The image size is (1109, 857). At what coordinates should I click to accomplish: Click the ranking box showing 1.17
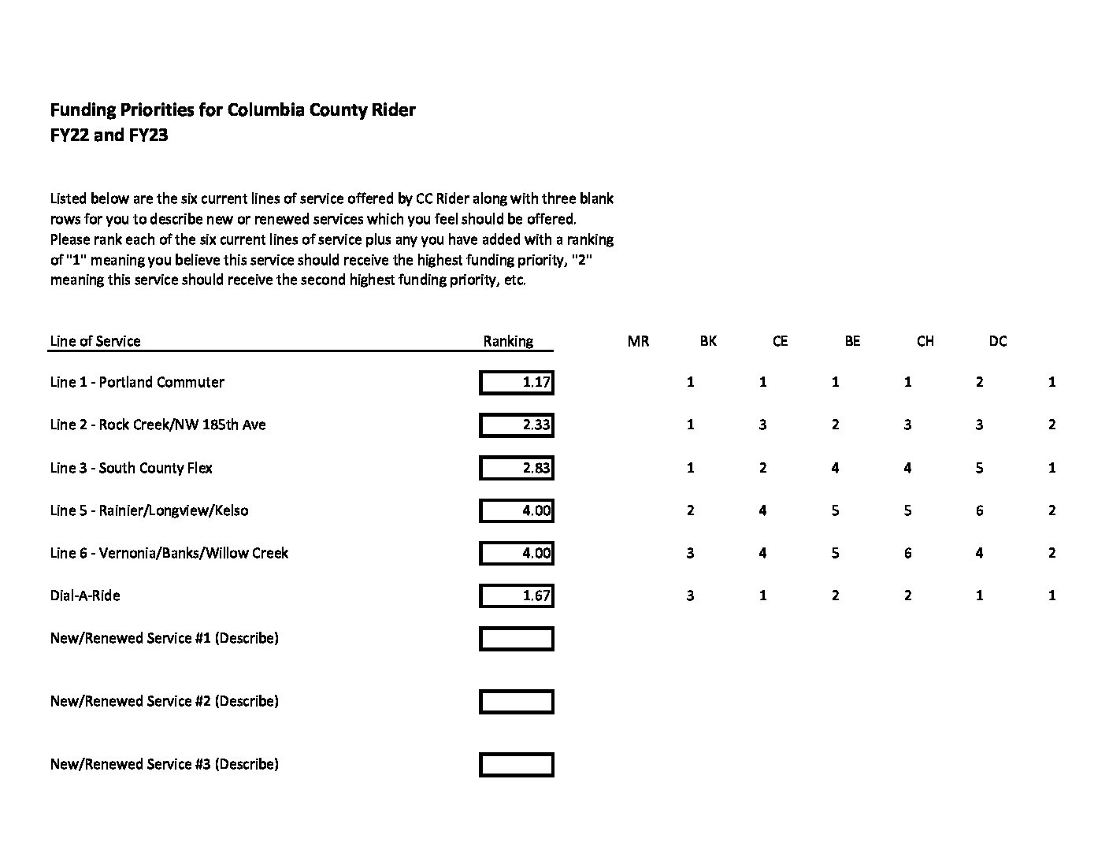coord(517,383)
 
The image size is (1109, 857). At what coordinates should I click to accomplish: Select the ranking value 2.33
coord(517,425)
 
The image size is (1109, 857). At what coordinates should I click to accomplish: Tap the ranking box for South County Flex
coord(517,468)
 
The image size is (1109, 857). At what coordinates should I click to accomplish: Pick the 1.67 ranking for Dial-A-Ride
coord(517,595)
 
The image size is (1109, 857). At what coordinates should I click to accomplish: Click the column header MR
coord(638,341)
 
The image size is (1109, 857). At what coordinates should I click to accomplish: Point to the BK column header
coord(708,341)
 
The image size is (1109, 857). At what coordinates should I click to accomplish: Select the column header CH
coord(925,341)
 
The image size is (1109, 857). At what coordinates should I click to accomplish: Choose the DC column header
coord(997,341)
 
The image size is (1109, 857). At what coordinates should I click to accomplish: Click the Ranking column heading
coord(508,341)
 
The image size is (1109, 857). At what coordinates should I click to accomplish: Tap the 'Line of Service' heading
coord(95,341)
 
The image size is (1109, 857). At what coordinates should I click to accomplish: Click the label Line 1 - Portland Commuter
coord(137,382)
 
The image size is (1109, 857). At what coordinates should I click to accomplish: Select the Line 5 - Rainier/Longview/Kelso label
coord(149,510)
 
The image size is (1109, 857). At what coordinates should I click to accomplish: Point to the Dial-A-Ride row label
coord(85,595)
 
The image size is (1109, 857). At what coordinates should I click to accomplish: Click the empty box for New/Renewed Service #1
coord(517,639)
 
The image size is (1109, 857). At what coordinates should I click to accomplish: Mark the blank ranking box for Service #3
coord(517,765)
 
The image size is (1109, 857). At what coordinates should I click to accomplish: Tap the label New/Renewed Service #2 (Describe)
coord(164,701)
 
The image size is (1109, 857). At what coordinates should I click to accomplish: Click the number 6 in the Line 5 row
coord(979,510)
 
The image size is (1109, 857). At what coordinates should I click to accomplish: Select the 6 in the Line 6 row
coord(907,553)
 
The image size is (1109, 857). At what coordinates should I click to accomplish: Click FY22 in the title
coord(69,135)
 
